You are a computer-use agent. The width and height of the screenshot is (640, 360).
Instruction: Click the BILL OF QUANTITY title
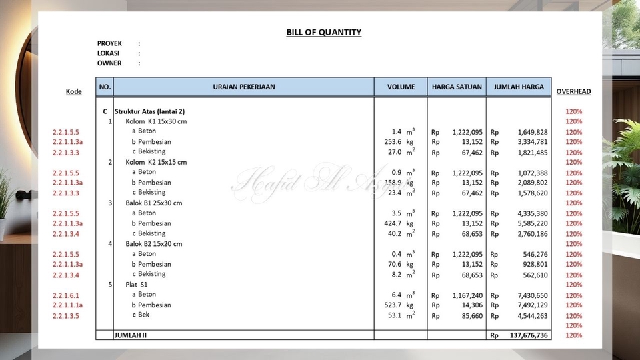point(324,32)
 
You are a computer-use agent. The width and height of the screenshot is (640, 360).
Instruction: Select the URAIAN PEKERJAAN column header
point(244,87)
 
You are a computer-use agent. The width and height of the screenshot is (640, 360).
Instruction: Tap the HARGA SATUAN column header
point(457,87)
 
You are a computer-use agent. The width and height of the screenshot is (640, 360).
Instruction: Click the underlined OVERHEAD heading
point(573,91)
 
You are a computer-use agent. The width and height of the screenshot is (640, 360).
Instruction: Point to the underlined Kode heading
point(74,91)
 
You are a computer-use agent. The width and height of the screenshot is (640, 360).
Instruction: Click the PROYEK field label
point(109,43)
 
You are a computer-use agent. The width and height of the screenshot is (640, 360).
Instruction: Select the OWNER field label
point(109,63)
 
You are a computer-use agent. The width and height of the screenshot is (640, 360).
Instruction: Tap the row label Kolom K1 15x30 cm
point(156,121)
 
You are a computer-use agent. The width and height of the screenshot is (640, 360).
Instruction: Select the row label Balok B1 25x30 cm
point(154,203)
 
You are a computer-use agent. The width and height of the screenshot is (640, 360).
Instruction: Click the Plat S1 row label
point(137,284)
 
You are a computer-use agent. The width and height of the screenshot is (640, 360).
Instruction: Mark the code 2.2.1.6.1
point(66,295)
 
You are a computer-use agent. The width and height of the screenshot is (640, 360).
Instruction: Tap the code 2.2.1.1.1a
point(67,305)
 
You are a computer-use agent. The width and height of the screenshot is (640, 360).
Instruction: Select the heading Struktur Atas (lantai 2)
point(149,111)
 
